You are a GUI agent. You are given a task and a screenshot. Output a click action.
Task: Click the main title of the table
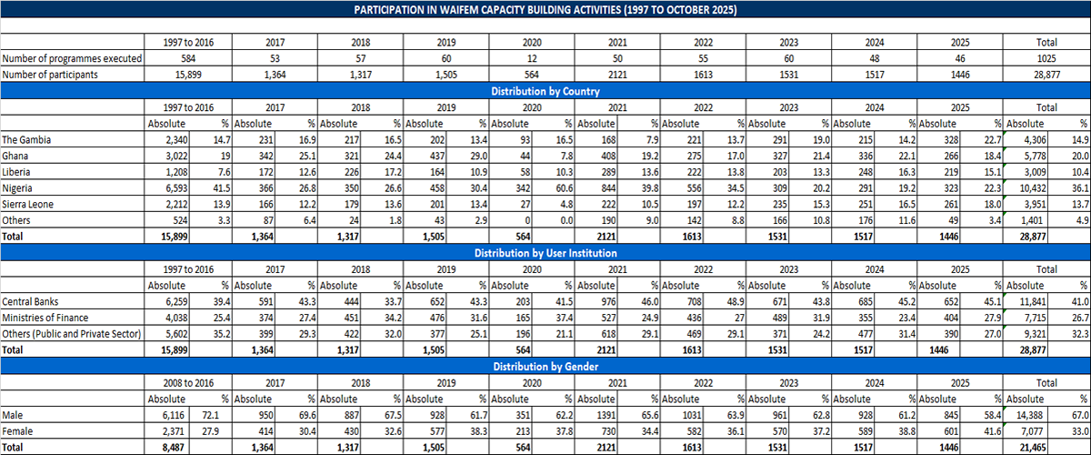point(545,9)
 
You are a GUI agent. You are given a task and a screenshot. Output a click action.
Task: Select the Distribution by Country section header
point(545,91)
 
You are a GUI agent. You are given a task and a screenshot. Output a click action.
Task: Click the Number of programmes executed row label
point(72,58)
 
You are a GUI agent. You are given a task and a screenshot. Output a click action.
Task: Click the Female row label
point(18,430)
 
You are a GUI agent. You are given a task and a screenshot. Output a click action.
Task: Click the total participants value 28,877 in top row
point(1054,75)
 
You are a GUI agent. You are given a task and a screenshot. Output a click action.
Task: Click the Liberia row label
point(18,172)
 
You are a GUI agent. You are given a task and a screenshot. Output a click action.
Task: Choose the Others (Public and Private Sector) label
point(72,334)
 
